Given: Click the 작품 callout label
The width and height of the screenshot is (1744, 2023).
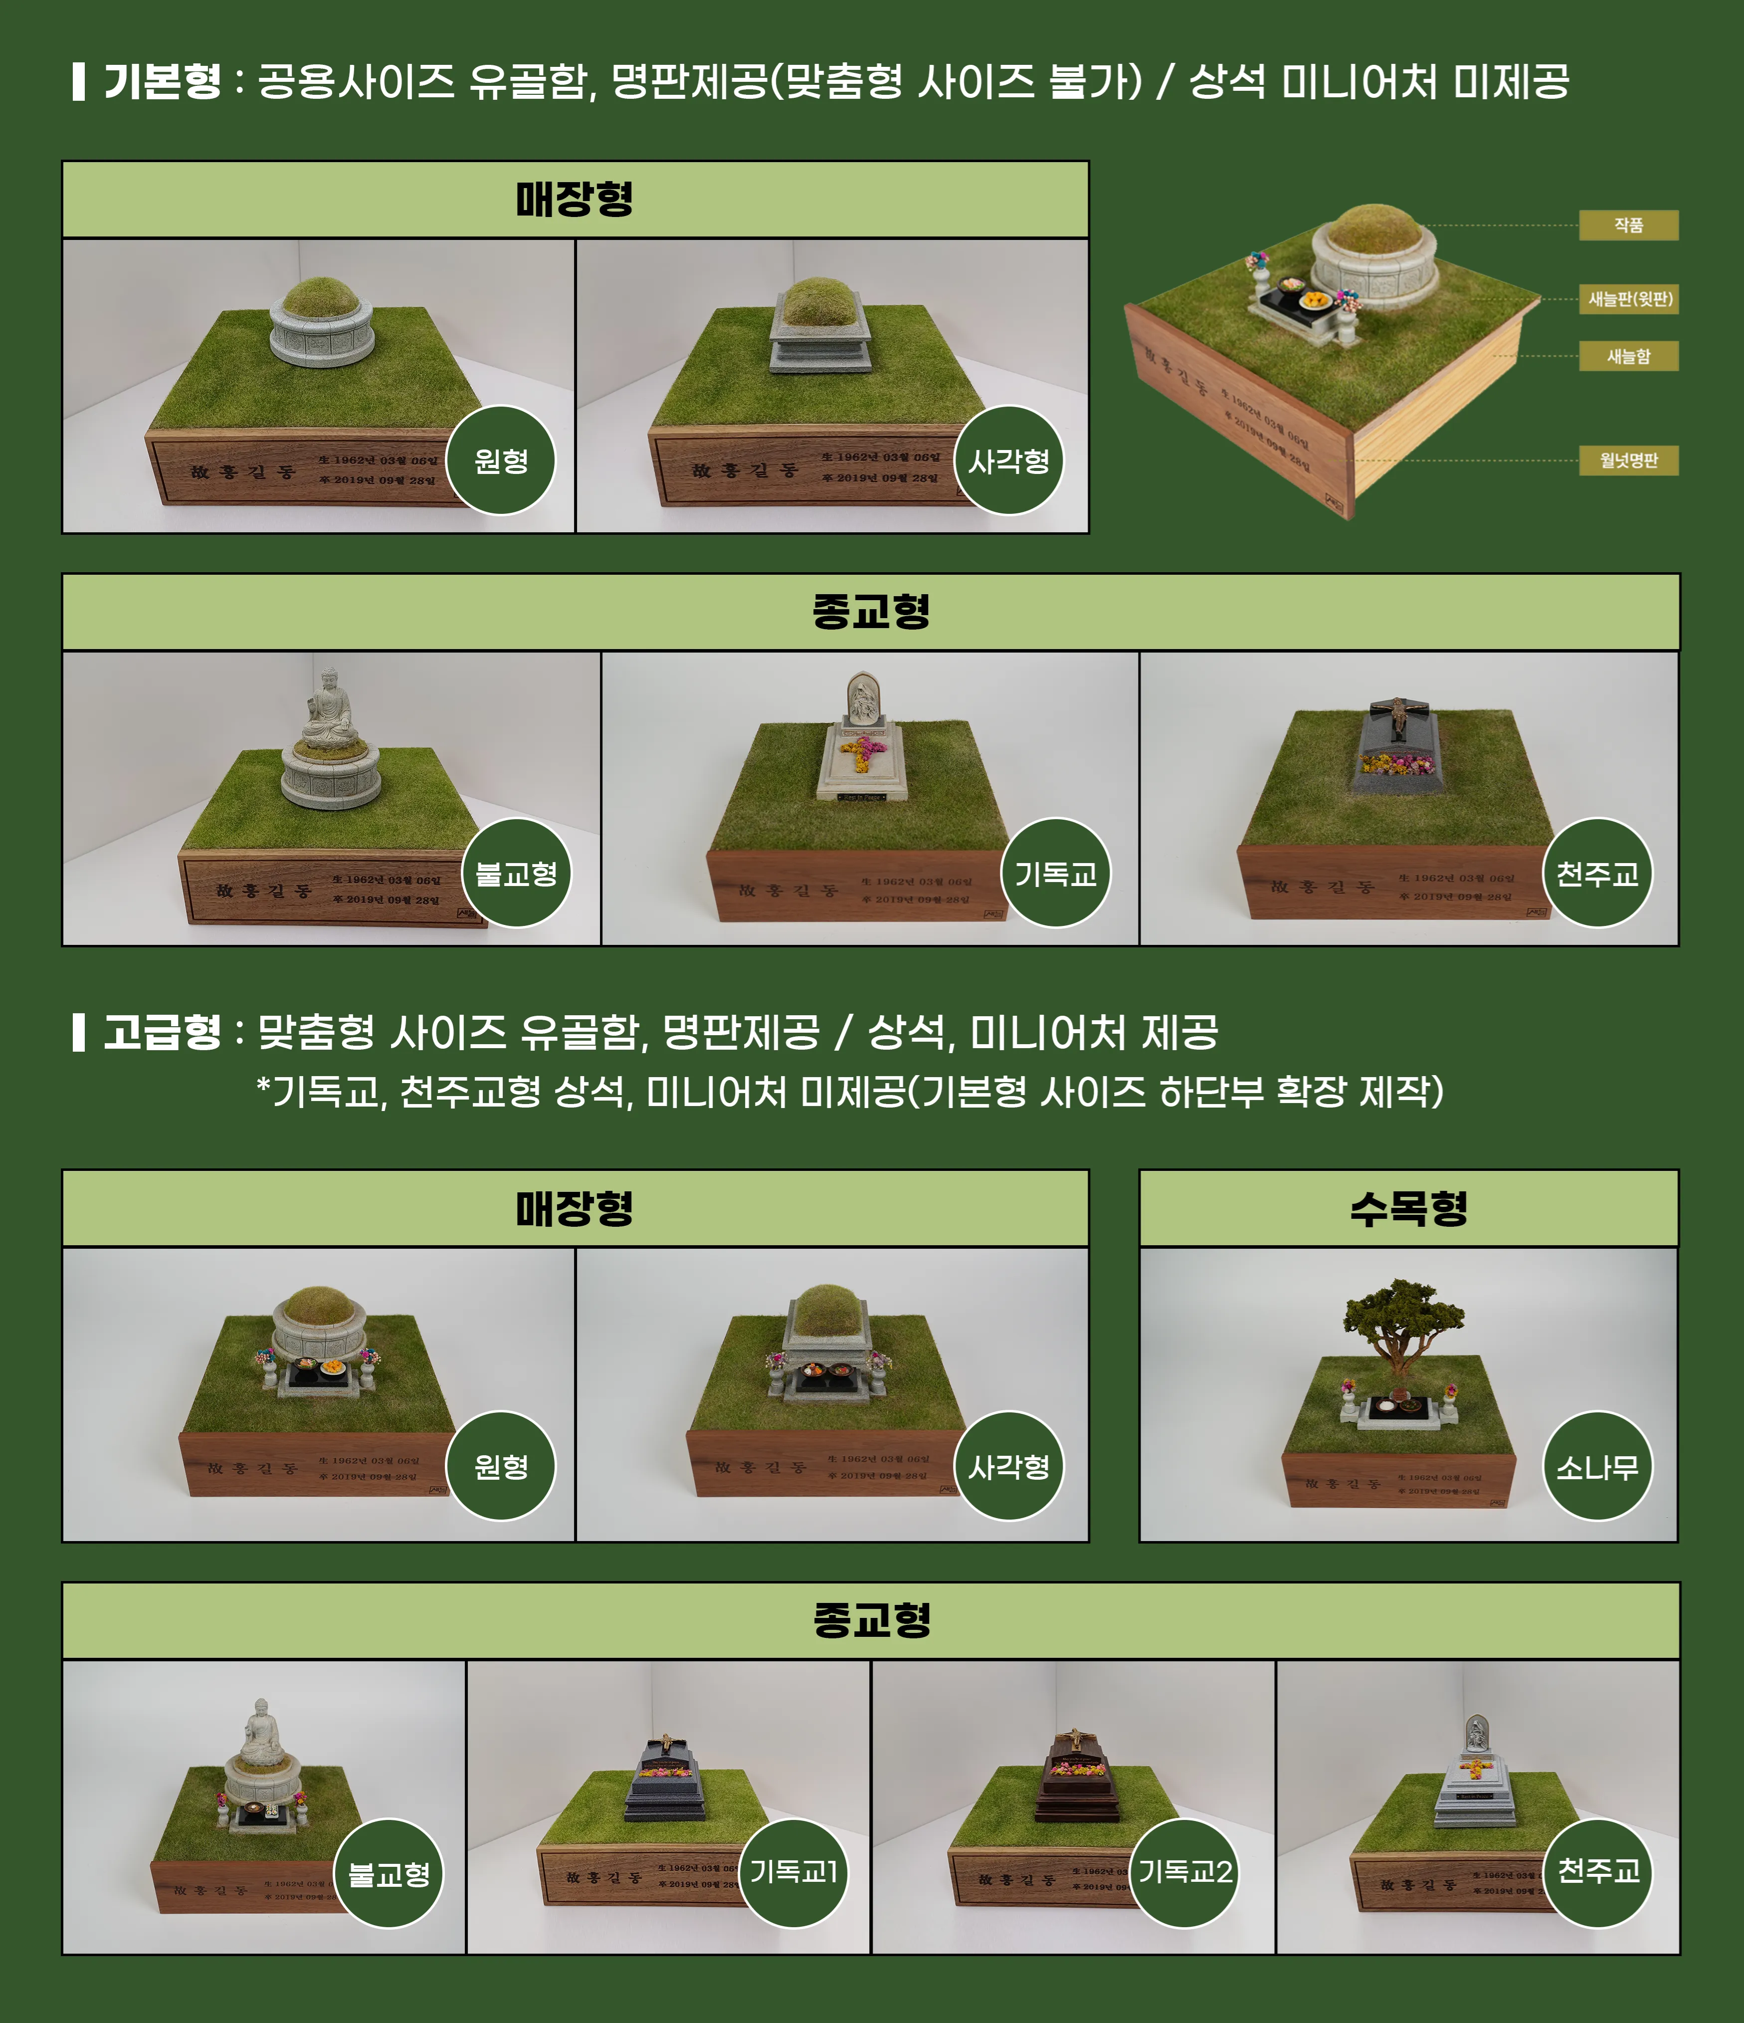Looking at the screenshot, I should tap(1628, 225).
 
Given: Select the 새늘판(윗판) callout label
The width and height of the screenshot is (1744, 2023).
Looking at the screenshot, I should tap(1628, 299).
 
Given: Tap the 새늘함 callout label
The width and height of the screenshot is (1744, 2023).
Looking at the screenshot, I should tap(1628, 356).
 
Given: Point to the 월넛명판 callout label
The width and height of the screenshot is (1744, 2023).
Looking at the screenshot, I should tap(1628, 460).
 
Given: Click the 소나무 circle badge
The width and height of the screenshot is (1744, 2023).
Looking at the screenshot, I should tap(1597, 1466).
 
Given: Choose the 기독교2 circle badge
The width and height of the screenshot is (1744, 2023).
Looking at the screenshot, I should tap(1185, 1873).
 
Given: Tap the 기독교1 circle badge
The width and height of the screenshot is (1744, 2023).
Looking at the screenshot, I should tap(792, 1873).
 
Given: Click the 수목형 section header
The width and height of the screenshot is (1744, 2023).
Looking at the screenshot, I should tap(1408, 1209).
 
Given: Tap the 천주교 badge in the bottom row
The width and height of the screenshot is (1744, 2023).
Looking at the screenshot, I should tap(1597, 1873).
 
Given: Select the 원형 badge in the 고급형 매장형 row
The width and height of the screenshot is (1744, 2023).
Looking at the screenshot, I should tap(501, 1466).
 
